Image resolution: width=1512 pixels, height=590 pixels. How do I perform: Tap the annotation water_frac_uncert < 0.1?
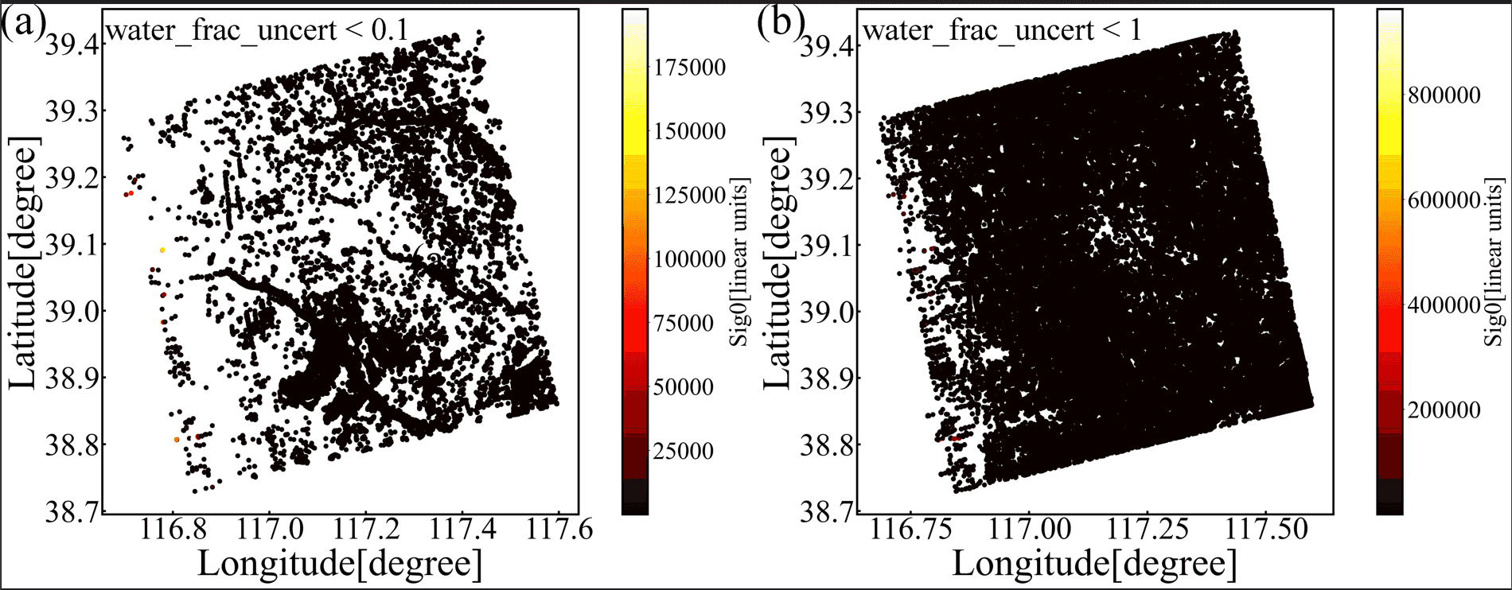pyautogui.click(x=257, y=30)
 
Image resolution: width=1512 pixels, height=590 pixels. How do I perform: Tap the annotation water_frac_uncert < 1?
pyautogui.click(x=1002, y=30)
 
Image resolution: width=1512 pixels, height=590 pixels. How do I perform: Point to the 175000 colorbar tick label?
pyautogui.click(x=690, y=68)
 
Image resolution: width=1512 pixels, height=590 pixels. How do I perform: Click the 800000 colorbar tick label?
pyautogui.click(x=1444, y=95)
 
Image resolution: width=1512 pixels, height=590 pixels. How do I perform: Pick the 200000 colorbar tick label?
pyautogui.click(x=1444, y=410)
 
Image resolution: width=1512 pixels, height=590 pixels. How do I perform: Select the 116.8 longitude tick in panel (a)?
pyautogui.click(x=172, y=529)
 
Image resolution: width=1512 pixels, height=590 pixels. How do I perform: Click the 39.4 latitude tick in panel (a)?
pyautogui.click(x=72, y=45)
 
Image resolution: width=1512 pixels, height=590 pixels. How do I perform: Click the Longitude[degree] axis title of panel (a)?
pyautogui.click(x=340, y=564)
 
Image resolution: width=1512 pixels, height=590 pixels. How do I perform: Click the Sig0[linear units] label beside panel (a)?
pyautogui.click(x=740, y=262)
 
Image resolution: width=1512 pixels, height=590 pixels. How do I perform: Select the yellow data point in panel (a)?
pyautogui.click(x=162, y=250)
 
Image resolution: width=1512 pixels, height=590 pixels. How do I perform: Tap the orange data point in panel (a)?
pyautogui.click(x=177, y=440)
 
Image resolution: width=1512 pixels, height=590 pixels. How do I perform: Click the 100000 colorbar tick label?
pyautogui.click(x=690, y=259)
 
